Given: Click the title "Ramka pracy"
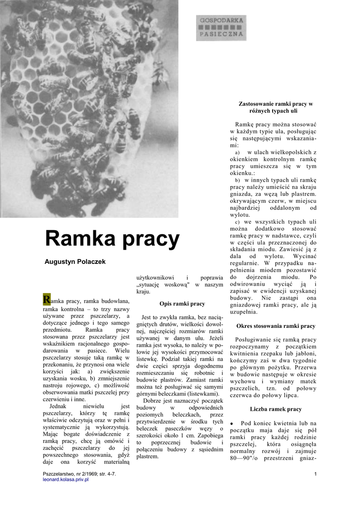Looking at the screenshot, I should [112, 239].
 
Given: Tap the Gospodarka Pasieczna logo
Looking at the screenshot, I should [221, 28].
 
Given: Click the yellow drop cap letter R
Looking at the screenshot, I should [47, 299].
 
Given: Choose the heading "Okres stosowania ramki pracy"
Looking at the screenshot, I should [276, 326].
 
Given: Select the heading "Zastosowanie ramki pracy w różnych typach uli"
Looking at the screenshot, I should [276, 107].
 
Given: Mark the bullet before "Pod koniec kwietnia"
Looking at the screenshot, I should [231, 423].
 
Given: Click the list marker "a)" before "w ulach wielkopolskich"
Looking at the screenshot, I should [237, 152].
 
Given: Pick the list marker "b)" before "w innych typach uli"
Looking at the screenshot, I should [237, 180].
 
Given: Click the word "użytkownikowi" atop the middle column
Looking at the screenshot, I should [155, 277].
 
